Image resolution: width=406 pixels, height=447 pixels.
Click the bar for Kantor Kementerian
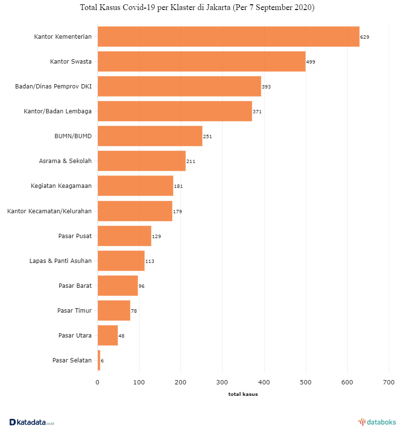(228, 36)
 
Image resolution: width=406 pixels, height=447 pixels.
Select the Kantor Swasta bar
(202, 61)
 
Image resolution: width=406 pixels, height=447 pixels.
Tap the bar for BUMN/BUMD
(150, 136)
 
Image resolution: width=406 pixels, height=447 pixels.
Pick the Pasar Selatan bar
(99, 360)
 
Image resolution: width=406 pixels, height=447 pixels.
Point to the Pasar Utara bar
(107, 335)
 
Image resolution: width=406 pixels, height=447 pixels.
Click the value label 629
(365, 37)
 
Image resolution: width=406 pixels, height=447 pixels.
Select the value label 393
(266, 87)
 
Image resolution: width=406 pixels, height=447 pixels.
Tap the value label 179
(178, 211)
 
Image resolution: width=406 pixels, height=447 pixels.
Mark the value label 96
(141, 286)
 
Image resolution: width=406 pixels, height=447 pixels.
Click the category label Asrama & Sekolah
(65, 161)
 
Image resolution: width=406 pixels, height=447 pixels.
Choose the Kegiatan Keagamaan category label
(61, 186)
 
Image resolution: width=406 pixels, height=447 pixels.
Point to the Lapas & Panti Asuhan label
(60, 261)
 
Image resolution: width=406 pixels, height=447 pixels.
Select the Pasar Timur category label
(75, 310)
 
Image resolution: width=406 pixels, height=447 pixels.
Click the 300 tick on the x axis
(222, 382)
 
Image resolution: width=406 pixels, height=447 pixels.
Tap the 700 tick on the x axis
(389, 382)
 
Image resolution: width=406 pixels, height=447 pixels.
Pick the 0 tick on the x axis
(97, 382)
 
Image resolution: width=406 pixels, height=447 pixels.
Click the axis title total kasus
(243, 394)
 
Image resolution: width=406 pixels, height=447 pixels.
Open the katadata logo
(32, 422)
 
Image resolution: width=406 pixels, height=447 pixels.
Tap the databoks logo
(377, 422)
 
